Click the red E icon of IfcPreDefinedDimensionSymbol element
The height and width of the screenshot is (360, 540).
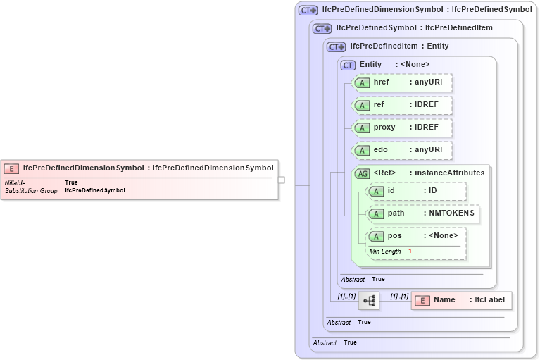[x=11, y=168]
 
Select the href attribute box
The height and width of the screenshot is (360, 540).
[x=401, y=82]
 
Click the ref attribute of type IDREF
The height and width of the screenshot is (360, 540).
[x=401, y=105]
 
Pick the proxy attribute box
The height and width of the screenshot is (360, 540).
[x=401, y=128]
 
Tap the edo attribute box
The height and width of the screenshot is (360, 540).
[x=401, y=150]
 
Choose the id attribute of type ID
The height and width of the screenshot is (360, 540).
[x=416, y=191]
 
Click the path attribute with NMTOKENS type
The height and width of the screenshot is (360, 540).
[x=423, y=213]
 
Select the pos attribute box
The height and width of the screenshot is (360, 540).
[x=416, y=236]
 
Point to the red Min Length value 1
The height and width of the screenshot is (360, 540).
[x=410, y=252]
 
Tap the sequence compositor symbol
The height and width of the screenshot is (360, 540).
[x=369, y=301]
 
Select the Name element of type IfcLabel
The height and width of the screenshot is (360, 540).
[x=462, y=300]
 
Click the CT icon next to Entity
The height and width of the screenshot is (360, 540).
[x=348, y=65]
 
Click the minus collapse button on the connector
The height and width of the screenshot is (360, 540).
[x=282, y=180]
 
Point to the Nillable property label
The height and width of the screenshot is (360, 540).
[x=15, y=183]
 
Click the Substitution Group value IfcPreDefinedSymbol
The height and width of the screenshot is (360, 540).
[x=94, y=191]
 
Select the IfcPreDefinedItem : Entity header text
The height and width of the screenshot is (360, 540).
[x=399, y=46]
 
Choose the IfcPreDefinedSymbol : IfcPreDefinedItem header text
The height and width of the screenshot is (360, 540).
[x=414, y=28]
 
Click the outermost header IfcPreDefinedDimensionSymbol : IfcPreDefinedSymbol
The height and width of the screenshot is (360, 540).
[x=427, y=10]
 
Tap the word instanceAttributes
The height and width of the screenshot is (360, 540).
[x=449, y=173]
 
